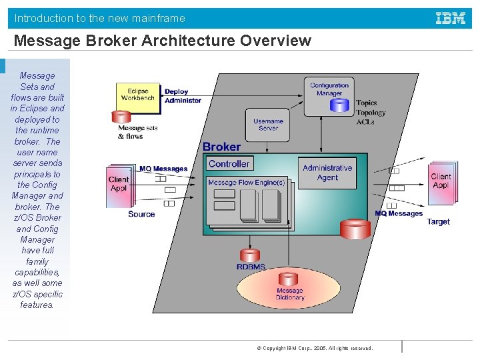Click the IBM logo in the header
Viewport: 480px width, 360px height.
coord(451,18)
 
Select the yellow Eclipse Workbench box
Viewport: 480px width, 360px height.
coord(138,95)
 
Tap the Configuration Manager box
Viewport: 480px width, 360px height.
coord(329,89)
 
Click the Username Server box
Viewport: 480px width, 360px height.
coord(268,125)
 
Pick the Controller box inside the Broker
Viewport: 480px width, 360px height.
coord(229,164)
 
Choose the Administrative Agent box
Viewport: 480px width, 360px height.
coord(327,173)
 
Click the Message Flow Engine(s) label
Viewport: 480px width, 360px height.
coord(246,183)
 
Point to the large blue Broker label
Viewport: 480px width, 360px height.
coord(221,147)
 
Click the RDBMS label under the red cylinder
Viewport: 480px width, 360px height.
coord(251,267)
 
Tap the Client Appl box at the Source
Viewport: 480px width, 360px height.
coord(119,183)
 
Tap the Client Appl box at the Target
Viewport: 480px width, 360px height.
coord(441,181)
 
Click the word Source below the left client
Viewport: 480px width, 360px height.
coord(141,214)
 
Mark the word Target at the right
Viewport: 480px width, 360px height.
coord(438,222)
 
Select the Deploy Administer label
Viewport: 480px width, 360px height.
coord(182,96)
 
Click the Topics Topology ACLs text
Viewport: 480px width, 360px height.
coord(370,112)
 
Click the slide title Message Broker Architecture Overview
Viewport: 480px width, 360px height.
coord(162,41)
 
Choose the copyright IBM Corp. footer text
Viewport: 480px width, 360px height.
coord(315,348)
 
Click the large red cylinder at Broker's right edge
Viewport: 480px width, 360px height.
coord(355,229)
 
